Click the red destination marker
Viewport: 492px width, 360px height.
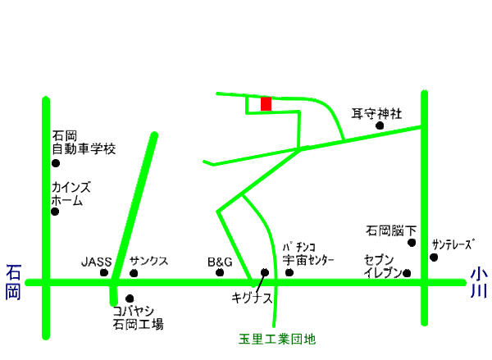(266, 104)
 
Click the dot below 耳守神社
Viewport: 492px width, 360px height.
(380, 126)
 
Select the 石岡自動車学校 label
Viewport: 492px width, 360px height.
(84, 144)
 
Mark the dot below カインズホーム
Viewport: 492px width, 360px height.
(55, 212)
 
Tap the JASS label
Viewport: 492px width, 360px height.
(95, 262)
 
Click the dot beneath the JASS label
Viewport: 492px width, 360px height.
(104, 272)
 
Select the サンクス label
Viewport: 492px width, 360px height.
(148, 262)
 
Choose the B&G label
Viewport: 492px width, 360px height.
(219, 262)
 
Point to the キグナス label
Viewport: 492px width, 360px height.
(251, 298)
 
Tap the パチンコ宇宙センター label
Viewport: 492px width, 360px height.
(309, 254)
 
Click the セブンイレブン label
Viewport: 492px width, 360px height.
(382, 266)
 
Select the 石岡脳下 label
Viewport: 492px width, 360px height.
(391, 231)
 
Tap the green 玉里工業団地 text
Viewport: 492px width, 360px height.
(271, 338)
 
